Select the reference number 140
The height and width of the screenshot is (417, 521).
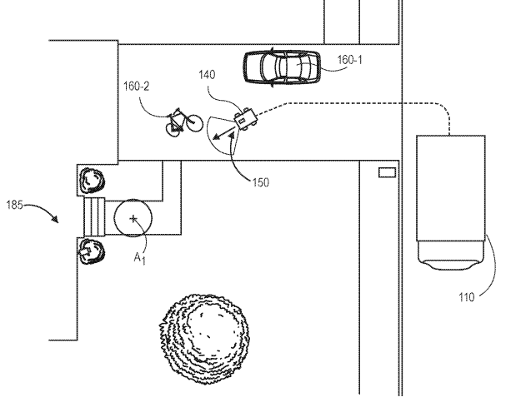pyautogui.click(x=208, y=75)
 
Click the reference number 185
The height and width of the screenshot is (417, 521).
pyautogui.click(x=19, y=202)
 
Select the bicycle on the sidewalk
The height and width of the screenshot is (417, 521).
pyautogui.click(x=183, y=122)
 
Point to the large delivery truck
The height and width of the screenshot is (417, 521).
pyautogui.click(x=450, y=200)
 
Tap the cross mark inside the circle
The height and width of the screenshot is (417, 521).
pyautogui.click(x=133, y=217)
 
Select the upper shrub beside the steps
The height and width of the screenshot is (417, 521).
pyautogui.click(x=92, y=179)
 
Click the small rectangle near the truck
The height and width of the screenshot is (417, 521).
pyautogui.click(x=387, y=172)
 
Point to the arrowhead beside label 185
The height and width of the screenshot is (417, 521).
pyautogui.click(x=54, y=221)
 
